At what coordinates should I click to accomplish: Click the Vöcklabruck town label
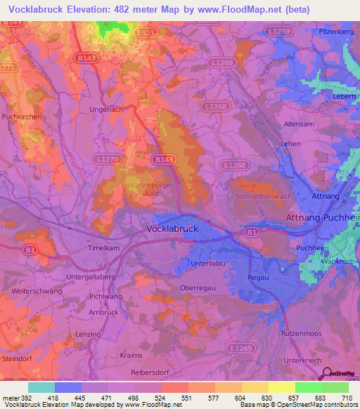click(x=173, y=229)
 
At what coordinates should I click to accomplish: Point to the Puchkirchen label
click(x=22, y=116)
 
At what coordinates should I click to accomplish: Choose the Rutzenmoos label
click(x=300, y=332)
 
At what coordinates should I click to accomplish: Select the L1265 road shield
click(x=241, y=348)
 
